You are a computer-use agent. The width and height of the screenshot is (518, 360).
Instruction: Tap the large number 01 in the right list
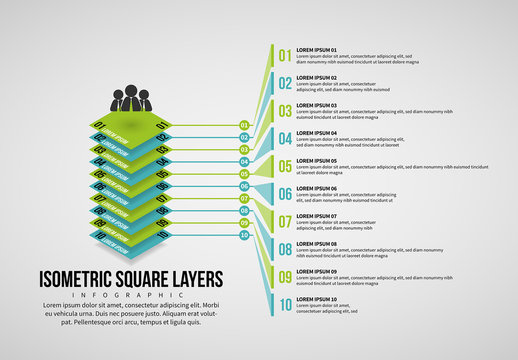click(x=285, y=55)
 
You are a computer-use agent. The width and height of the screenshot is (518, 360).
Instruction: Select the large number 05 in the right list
click(x=285, y=166)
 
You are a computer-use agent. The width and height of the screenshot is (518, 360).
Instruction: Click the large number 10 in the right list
click(x=285, y=304)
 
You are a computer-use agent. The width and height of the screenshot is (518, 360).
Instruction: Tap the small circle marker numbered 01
click(x=244, y=126)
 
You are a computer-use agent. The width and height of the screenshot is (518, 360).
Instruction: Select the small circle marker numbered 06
click(x=244, y=186)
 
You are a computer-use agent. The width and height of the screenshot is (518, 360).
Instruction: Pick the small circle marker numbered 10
click(x=244, y=235)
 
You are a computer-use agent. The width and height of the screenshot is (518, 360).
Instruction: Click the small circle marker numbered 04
click(x=244, y=162)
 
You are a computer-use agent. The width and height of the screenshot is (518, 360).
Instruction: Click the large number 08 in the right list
click(x=285, y=249)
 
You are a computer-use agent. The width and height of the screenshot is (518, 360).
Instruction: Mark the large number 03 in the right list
click(x=285, y=111)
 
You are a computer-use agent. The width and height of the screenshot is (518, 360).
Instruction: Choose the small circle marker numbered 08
click(x=244, y=211)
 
